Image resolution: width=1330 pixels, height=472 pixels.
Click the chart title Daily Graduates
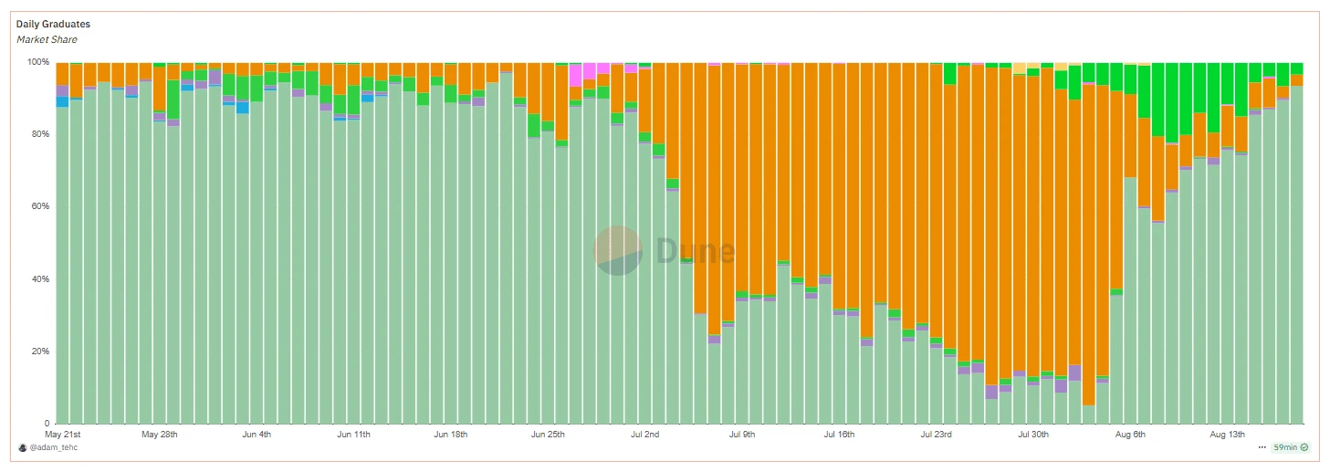[53, 24]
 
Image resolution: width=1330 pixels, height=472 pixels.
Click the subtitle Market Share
[47, 39]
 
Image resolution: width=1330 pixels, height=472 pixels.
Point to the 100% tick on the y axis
[38, 62]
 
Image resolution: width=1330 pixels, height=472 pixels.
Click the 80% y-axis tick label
[40, 134]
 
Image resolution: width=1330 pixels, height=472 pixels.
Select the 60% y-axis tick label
[40, 206]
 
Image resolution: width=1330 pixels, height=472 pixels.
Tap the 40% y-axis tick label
[40, 278]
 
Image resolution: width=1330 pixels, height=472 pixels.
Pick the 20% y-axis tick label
[40, 351]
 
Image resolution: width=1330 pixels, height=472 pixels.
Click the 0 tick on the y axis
[47, 424]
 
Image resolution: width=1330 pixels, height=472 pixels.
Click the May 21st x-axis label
[63, 435]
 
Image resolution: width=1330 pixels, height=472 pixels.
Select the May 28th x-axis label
[160, 435]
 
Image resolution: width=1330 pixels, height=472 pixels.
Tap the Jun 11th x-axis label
[353, 435]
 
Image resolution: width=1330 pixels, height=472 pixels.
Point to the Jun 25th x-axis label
[548, 435]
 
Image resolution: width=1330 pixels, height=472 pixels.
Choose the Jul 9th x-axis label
[742, 435]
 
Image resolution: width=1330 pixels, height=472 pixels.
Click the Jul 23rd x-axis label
[937, 435]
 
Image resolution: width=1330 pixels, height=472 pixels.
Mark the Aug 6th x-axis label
[1130, 435]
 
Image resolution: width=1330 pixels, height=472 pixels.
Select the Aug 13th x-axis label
[1227, 435]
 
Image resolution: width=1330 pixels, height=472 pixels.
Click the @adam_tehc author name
[53, 447]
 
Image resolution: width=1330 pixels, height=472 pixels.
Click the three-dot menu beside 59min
[1262, 447]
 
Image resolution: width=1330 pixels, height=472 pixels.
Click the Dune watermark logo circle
[618, 250]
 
